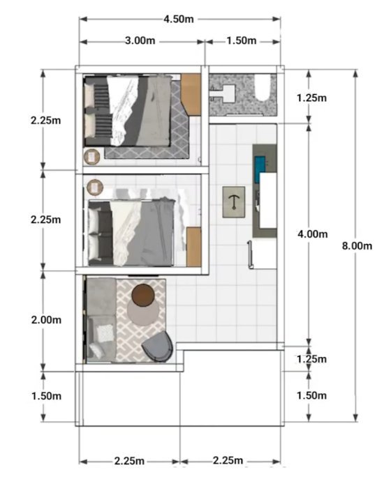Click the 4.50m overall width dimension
(179, 19)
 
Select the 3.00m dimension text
(140, 40)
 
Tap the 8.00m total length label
(357, 246)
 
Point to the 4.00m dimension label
(313, 234)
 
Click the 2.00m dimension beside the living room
(46, 319)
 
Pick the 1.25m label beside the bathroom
(311, 98)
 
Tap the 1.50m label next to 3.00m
(242, 40)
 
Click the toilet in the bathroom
(262, 87)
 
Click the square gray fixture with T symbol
(234, 202)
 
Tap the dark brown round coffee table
(143, 296)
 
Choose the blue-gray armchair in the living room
(158, 347)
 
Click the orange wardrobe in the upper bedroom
(191, 93)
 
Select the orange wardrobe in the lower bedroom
(193, 247)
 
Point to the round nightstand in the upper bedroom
(91, 157)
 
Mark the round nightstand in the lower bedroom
(95, 187)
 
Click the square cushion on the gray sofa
(106, 333)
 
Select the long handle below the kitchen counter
(250, 254)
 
